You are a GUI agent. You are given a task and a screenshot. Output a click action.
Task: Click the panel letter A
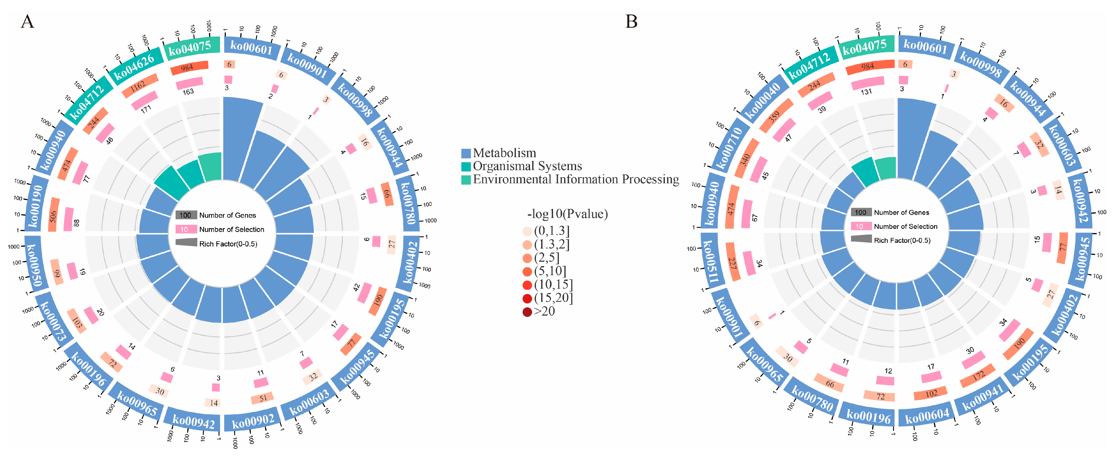(27, 21)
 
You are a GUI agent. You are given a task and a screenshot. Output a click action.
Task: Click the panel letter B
(631, 21)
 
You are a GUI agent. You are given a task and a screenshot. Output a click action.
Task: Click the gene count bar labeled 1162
(139, 85)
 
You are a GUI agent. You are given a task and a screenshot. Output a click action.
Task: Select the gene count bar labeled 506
(54, 215)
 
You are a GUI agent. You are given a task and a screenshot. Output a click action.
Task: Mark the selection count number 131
(866, 92)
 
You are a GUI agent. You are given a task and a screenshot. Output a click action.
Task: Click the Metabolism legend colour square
(466, 153)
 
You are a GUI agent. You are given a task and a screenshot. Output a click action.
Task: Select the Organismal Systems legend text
(527, 166)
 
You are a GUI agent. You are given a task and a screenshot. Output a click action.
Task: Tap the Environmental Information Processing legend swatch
(466, 180)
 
